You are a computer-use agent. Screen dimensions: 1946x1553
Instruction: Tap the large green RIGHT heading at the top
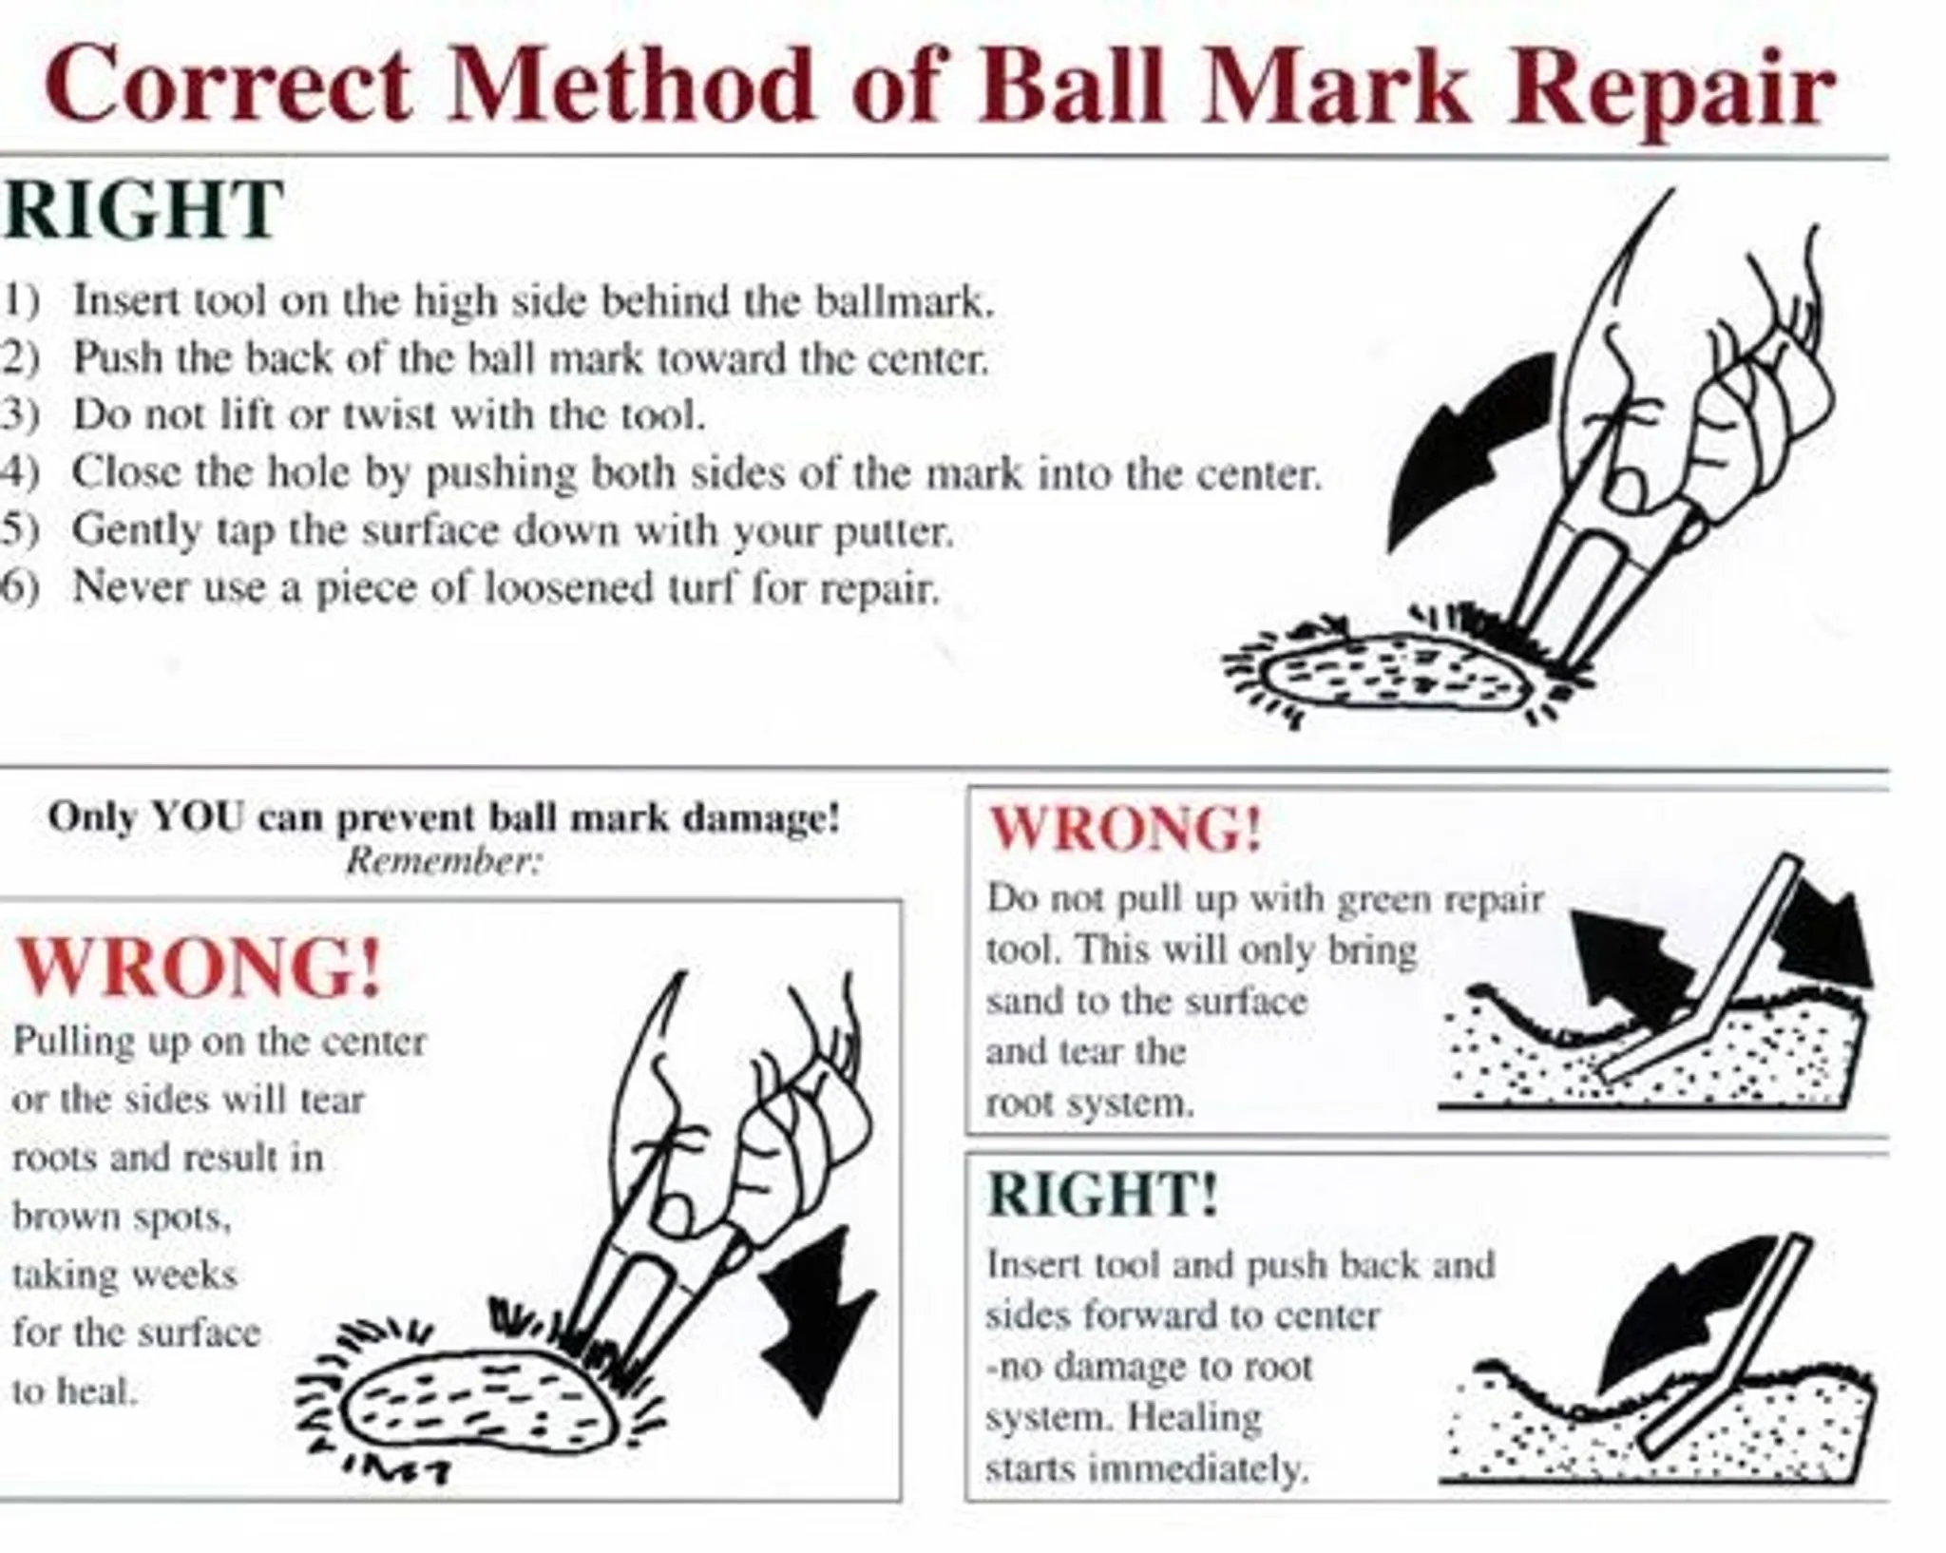pos(143,210)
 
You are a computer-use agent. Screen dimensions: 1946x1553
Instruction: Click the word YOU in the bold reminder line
pos(198,817)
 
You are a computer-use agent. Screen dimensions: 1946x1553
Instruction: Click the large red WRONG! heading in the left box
pos(200,968)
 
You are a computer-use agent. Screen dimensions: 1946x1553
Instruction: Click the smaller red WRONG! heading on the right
pos(1126,829)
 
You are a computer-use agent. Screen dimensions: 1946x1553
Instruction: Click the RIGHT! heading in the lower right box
pos(1102,1194)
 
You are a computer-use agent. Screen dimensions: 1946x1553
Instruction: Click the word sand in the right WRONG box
pos(1021,1002)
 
